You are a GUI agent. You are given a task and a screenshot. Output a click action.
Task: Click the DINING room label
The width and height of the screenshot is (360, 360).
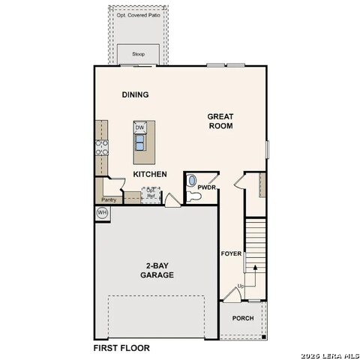(135, 95)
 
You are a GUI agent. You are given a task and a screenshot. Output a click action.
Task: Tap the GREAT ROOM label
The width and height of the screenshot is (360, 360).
(220, 121)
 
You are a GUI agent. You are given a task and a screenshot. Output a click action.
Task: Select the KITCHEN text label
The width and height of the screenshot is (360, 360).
(150, 174)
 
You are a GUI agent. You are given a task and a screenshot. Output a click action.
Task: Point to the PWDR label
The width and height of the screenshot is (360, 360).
(206, 187)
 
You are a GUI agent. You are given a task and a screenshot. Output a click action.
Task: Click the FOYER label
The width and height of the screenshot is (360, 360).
(231, 253)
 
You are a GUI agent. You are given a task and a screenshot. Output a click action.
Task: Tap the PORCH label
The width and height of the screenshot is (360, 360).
(242, 318)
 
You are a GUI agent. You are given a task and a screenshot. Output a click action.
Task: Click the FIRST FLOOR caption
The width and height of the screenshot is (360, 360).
(121, 348)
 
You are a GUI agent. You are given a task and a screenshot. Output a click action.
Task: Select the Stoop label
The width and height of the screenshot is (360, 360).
(139, 54)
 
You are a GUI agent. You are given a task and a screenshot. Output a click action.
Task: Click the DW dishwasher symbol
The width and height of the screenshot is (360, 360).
(139, 127)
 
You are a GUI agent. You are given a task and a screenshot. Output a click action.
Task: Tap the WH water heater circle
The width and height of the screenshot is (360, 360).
(103, 214)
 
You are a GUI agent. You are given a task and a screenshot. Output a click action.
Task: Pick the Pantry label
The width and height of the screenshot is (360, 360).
(109, 199)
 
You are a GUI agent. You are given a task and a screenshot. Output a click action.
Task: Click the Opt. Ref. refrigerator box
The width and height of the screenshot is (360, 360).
(152, 193)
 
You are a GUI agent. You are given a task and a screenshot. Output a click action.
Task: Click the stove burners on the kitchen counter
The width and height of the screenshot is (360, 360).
(101, 147)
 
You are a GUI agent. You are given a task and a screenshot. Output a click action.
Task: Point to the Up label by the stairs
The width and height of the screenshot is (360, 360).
(241, 286)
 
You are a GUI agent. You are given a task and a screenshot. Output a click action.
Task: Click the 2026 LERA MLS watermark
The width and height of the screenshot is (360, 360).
(329, 355)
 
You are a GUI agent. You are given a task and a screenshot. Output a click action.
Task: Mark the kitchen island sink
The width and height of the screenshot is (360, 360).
(139, 144)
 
